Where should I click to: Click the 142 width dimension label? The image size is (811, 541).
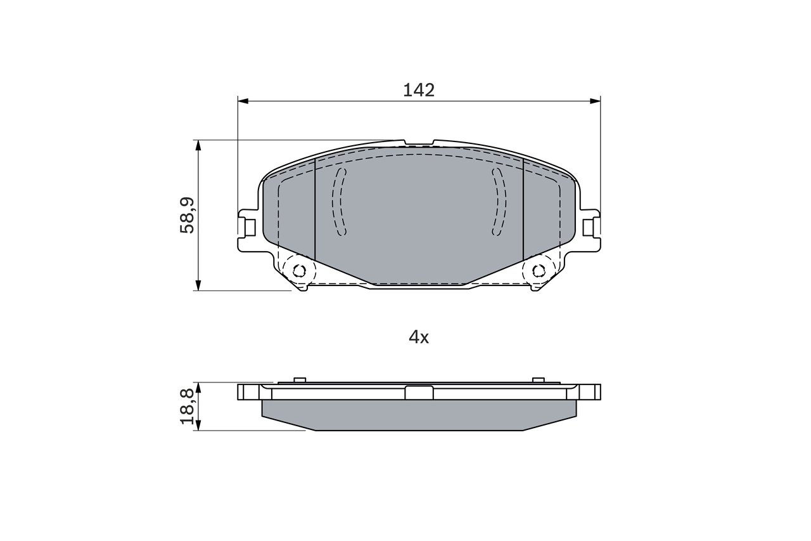[419, 90]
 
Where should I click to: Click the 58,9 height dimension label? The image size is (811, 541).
[188, 215]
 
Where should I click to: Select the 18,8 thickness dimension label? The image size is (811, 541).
[188, 407]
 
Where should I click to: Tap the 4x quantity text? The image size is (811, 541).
[419, 337]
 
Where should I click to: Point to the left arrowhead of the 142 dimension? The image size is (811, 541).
[243, 101]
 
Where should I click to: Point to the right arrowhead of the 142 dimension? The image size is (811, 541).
[595, 101]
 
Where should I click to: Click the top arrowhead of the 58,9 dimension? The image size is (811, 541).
[198, 145]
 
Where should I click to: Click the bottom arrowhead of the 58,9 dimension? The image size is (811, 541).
[198, 285]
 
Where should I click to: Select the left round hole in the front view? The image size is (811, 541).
[299, 271]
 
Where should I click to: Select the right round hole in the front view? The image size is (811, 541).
[539, 271]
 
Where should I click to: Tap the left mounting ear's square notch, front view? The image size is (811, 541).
[250, 227]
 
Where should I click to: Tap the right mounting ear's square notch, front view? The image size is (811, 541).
[588, 227]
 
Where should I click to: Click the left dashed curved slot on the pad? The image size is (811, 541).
[340, 202]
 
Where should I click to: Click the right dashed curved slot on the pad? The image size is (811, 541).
[500, 202]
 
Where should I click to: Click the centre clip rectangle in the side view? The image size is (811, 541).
[419, 393]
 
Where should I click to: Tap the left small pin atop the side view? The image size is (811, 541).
[300, 380]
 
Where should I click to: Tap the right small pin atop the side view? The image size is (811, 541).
[539, 380]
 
